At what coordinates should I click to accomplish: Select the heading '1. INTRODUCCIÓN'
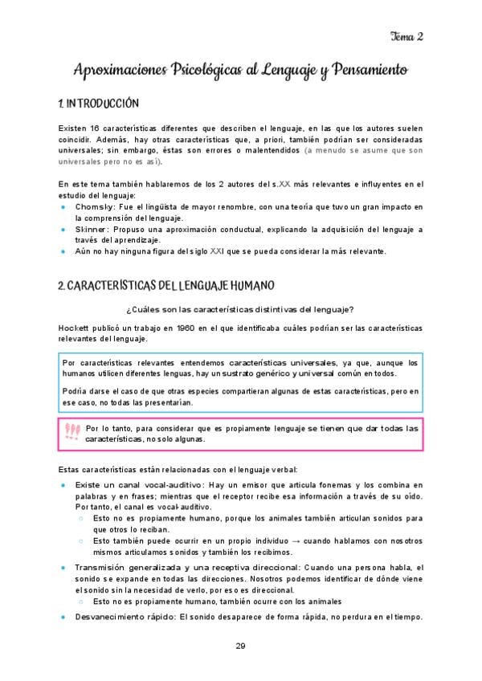pyautogui.click(x=100, y=104)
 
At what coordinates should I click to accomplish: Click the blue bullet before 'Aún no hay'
pyautogui.click(x=63, y=251)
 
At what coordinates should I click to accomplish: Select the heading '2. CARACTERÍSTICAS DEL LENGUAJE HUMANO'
pyautogui.click(x=167, y=285)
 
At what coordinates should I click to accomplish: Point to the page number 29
pyautogui.click(x=240, y=646)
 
